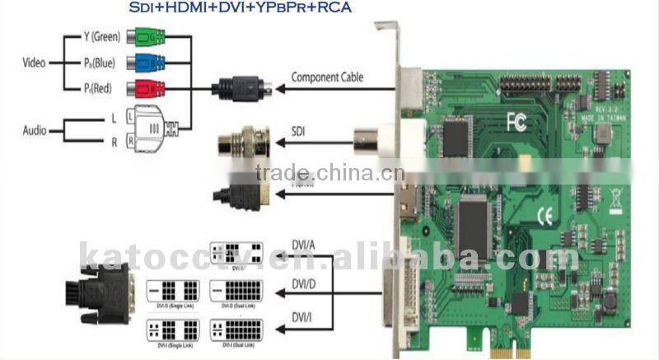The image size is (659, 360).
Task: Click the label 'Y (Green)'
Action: [101, 37]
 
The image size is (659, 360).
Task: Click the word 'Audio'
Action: [33, 130]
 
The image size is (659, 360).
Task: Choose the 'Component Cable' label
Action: [327, 78]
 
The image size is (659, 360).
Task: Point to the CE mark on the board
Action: [544, 217]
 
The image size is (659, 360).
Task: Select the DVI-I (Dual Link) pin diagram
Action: [236, 330]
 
